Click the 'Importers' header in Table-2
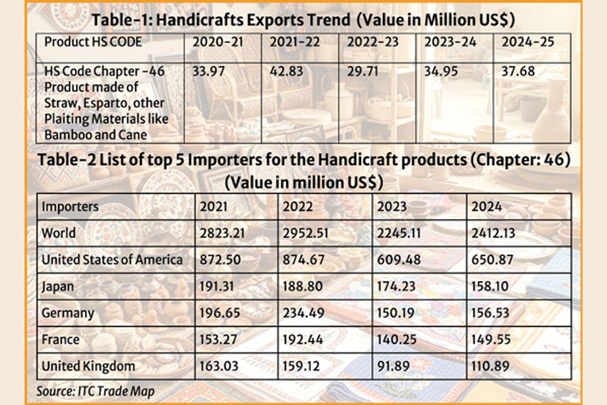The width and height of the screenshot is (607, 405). click(x=69, y=207)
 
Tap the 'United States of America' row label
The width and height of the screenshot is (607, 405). click(x=111, y=259)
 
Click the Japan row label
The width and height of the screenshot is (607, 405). click(x=58, y=286)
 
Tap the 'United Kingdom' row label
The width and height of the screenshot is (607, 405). click(x=88, y=367)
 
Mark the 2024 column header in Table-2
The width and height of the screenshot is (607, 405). click(x=487, y=207)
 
